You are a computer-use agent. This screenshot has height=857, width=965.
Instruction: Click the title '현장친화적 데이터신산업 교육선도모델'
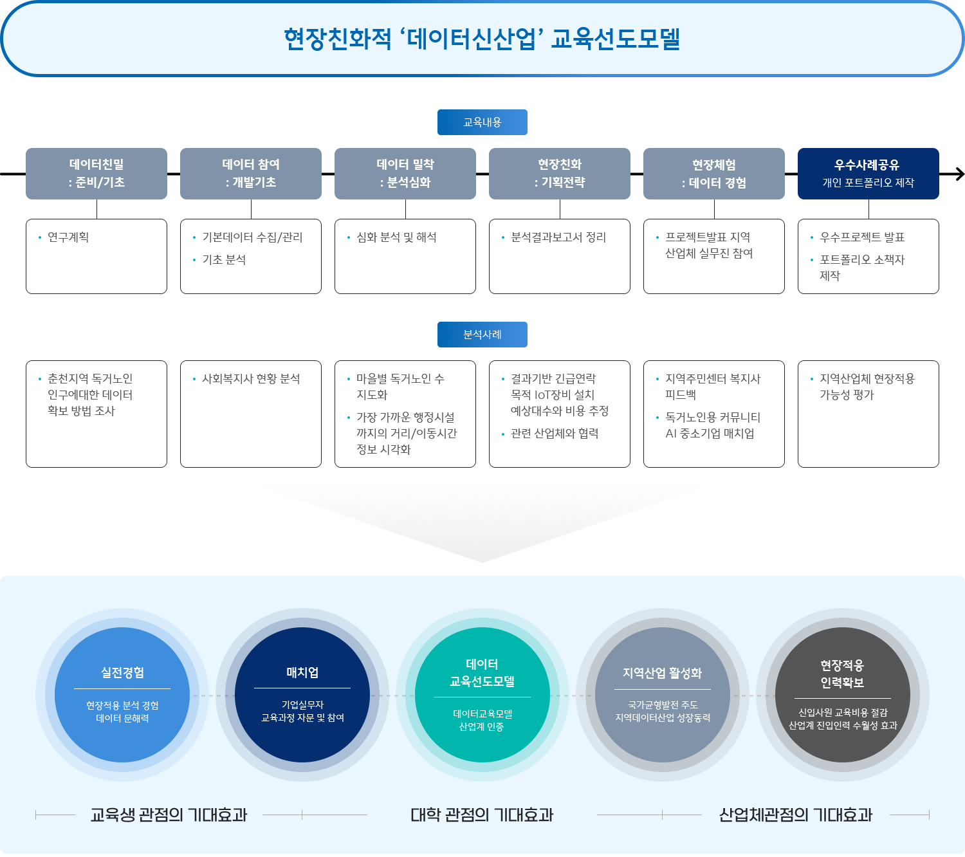coord(482,39)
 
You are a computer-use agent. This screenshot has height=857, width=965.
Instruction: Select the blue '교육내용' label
coord(482,122)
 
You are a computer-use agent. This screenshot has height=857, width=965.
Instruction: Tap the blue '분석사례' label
coord(482,335)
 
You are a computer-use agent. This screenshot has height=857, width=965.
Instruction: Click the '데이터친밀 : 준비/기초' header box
coord(96,174)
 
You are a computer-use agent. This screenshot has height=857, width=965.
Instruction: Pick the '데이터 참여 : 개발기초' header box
coord(251,174)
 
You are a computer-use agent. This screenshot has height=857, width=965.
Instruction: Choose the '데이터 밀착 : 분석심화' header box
coord(405,174)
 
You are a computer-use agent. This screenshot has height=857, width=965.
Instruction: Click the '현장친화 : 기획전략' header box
coord(560,174)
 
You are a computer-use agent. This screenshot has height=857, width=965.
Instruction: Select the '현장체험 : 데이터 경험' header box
coord(714,174)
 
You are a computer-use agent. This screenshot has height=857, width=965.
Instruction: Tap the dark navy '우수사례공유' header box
coord(868,174)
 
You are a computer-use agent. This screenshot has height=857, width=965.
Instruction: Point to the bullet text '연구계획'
coord(68,237)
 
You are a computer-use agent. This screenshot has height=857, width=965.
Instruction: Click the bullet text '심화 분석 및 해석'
coord(396,237)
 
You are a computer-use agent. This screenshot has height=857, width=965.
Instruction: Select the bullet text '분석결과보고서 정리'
coord(558,237)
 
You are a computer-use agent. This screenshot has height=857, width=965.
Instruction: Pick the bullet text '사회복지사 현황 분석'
coord(251,379)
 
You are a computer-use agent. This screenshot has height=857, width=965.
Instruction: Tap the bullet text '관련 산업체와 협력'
coord(555,434)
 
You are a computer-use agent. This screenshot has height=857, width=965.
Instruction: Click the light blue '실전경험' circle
coord(122,695)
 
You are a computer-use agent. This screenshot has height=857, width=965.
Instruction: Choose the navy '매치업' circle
coord(302,695)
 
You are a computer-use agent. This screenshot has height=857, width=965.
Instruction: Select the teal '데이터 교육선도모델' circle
coord(482,695)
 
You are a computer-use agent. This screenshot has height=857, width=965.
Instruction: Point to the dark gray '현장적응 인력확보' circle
coord(843,695)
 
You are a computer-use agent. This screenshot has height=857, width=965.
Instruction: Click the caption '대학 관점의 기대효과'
coord(482,815)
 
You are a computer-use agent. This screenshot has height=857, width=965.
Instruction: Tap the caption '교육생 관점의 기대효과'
coord(169,815)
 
